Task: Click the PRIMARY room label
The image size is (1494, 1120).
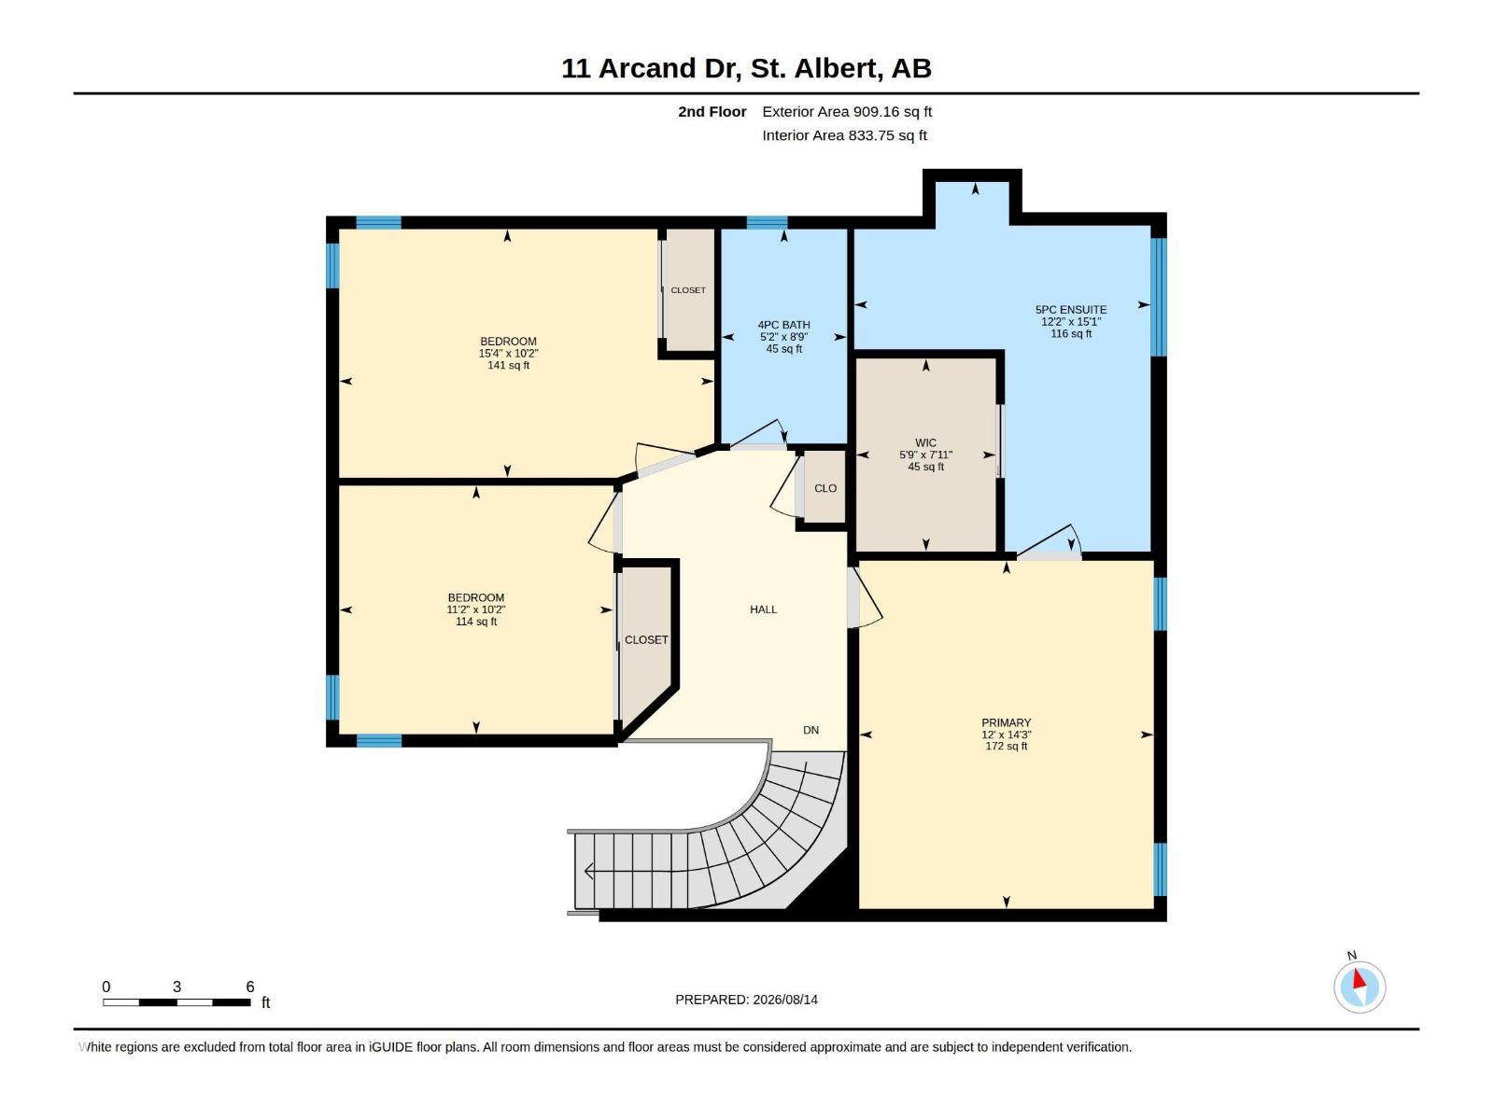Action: point(1006,722)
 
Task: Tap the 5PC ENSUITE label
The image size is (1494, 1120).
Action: point(1071,310)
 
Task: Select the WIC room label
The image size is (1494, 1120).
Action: point(925,442)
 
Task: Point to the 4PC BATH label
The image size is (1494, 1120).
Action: point(783,325)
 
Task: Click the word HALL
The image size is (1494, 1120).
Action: point(763,609)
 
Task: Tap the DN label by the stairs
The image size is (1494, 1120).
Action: point(810,730)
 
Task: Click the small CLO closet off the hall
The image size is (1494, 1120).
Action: point(825,488)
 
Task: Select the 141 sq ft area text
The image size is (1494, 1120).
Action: point(508,365)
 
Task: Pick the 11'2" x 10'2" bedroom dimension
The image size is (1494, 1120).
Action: point(476,610)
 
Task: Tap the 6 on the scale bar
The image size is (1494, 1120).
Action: point(250,986)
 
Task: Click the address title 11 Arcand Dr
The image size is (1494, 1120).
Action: point(651,68)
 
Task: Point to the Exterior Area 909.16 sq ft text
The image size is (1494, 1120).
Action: point(847,111)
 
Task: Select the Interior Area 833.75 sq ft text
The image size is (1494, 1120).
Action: point(844,135)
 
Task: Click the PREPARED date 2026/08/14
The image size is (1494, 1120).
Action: point(784,1000)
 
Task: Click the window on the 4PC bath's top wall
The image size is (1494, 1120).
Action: point(767,222)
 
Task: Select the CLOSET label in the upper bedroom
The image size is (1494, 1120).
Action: point(688,290)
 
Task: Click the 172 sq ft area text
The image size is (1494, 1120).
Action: point(1006,746)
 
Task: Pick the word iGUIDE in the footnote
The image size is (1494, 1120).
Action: point(390,1046)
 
